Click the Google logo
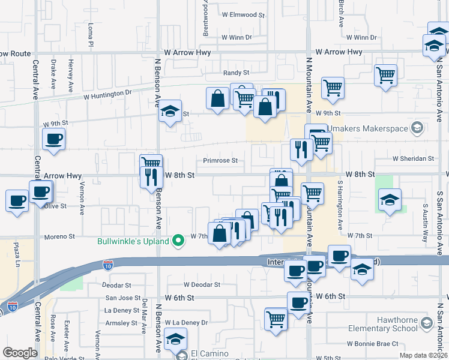tap(20, 352)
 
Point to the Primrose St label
tap(220, 161)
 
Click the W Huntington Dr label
tap(107, 94)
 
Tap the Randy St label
tap(236, 73)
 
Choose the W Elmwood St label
tap(243, 14)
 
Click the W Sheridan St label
tap(413, 159)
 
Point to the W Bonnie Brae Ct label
tap(373, 344)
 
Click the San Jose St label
tap(123, 298)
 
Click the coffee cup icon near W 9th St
tap(53, 140)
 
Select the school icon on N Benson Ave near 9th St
tap(170, 111)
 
